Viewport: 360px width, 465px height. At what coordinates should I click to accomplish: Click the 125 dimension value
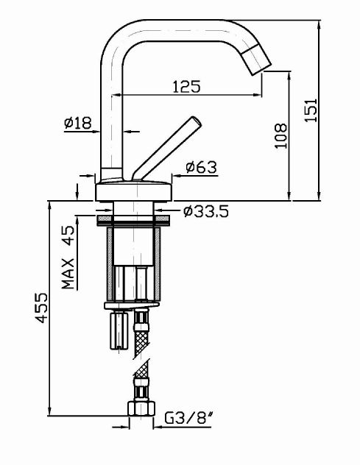186,86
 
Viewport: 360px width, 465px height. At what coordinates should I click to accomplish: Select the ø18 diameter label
78,124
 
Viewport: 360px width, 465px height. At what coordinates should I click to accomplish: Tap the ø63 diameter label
201,167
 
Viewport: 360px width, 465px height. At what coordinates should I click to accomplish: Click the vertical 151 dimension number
311,109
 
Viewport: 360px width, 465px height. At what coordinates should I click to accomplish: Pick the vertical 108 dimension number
280,134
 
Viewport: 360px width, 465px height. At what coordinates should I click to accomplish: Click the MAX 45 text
68,258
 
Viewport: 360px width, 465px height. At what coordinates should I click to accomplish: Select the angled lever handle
166,147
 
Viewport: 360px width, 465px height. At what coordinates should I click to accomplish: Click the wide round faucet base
135,190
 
